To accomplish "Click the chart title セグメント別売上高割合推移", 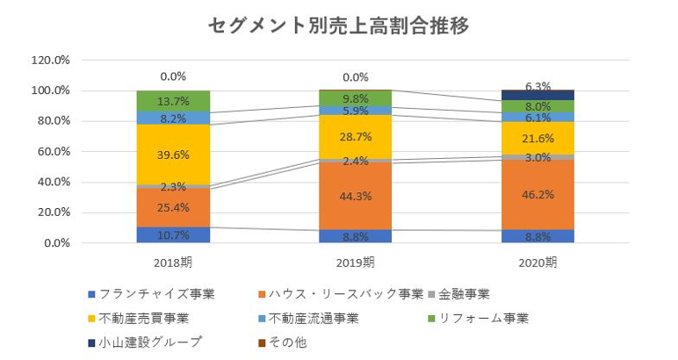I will [x=339, y=25].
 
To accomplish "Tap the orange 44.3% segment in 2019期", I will [x=355, y=195].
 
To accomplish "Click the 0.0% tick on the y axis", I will [x=54, y=243].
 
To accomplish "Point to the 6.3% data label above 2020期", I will [x=537, y=86].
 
